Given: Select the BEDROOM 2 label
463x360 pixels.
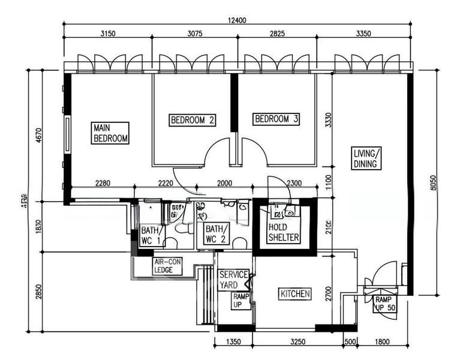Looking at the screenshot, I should (193, 120).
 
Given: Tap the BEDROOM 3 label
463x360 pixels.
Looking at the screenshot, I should (276, 120).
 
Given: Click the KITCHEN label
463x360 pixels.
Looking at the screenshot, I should (295, 293).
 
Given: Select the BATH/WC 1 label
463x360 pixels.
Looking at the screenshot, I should (151, 236).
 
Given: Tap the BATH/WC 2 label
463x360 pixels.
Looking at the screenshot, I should (215, 233).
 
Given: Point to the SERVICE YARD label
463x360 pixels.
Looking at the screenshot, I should (233, 280).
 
